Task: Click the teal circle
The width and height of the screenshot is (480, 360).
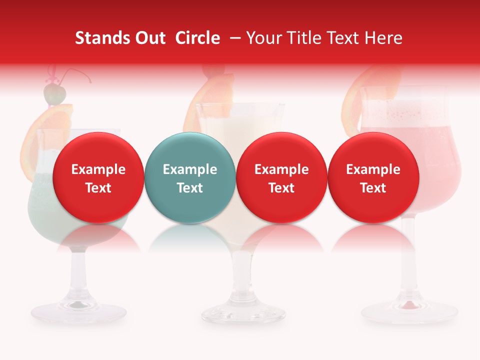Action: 189,177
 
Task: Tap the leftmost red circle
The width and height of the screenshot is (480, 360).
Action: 98,177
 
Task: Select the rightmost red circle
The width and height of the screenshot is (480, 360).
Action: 373,177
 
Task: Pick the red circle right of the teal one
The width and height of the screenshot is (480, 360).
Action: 281,177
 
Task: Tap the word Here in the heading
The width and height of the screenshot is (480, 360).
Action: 384,38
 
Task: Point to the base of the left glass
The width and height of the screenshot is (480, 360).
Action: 78,311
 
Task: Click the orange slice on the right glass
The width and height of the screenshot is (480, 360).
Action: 372,90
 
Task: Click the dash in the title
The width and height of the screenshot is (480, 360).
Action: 236,38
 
